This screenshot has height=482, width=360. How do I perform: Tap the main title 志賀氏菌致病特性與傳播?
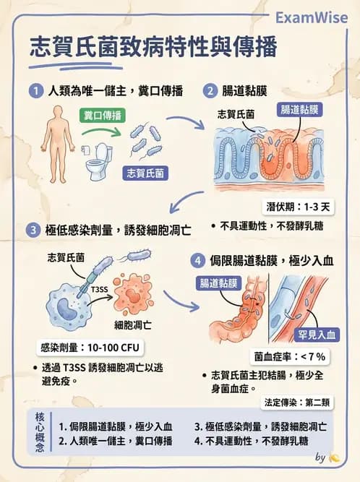(153, 48)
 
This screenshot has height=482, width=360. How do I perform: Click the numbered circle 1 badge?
(35, 91)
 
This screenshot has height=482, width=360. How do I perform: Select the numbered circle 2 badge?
(210, 91)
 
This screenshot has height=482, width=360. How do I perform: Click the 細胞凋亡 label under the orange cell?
(132, 324)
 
